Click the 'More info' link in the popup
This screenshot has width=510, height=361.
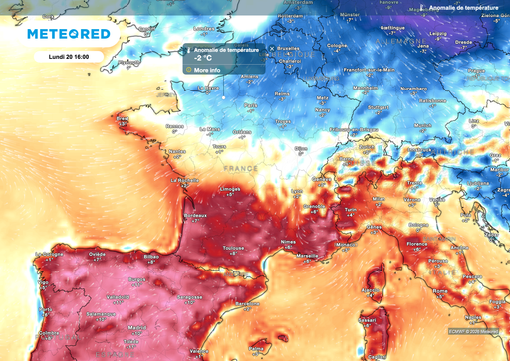click(x=207, y=70)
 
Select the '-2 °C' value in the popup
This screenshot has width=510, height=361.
click(x=205, y=58)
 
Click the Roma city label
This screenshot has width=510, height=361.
click(x=440, y=290)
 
